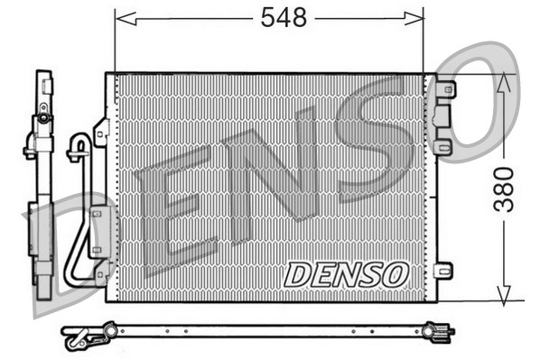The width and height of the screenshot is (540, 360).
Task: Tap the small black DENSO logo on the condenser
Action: pyautogui.click(x=347, y=274)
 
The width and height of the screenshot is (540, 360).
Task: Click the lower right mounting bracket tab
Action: pyautogui.click(x=443, y=270)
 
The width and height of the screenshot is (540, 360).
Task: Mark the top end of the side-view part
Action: pyautogui.click(x=42, y=76)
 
